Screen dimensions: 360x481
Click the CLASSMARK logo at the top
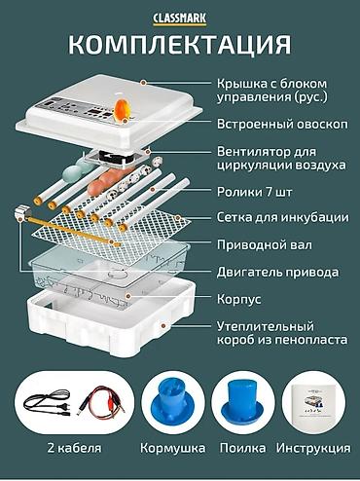[x=180, y=18]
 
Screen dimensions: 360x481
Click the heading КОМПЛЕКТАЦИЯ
[x=180, y=44]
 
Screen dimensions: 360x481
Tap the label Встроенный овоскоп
[x=282, y=124]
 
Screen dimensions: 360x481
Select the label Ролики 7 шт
[x=254, y=192]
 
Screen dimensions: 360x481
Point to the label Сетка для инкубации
[x=282, y=217]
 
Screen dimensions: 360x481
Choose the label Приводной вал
[x=265, y=244]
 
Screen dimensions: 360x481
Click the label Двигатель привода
[x=277, y=272]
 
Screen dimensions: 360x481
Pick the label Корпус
[x=238, y=299]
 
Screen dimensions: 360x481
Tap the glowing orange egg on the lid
[x=122, y=109]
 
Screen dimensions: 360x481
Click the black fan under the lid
[x=116, y=157]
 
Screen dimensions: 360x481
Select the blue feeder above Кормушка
[x=173, y=402]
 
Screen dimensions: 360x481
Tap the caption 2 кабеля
[x=74, y=448]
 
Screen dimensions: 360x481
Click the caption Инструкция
[x=313, y=448]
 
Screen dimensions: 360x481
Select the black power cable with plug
[x=48, y=402]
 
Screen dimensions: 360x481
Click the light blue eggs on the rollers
[x=80, y=168]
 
